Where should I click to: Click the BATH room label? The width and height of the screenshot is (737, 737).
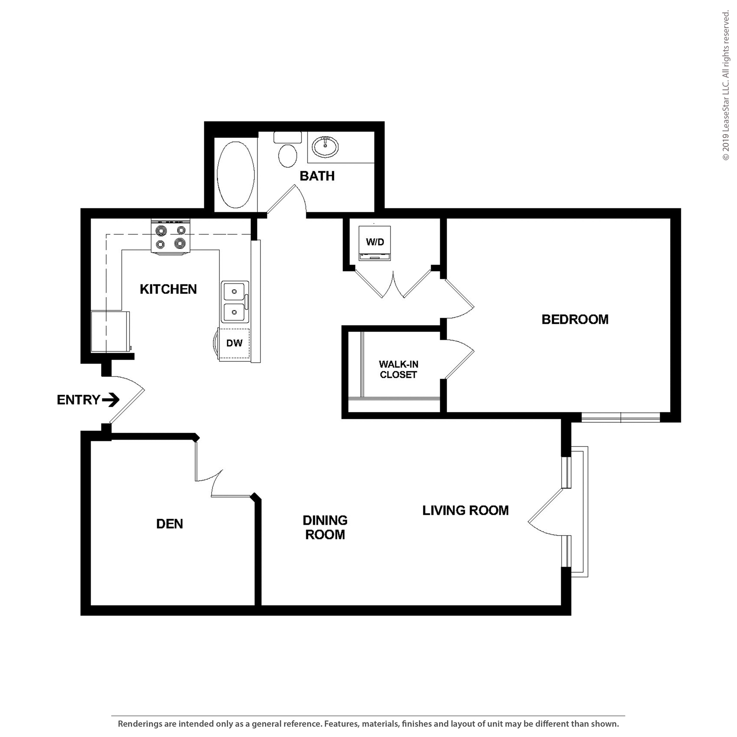pos(317,176)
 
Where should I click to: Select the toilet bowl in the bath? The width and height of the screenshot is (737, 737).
pos(288,155)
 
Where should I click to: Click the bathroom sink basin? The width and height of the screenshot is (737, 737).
pos(325,146)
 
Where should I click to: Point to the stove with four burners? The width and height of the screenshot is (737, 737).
pos(170,237)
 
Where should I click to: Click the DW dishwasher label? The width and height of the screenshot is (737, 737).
pos(234,343)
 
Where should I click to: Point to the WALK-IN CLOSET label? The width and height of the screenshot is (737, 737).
pos(398,369)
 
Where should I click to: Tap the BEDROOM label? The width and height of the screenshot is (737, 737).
pos(575,319)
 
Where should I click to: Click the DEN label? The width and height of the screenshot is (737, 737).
pos(169,524)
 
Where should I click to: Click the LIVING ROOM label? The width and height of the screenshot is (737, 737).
pos(465,510)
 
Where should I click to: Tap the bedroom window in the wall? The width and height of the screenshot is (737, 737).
pos(621,417)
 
